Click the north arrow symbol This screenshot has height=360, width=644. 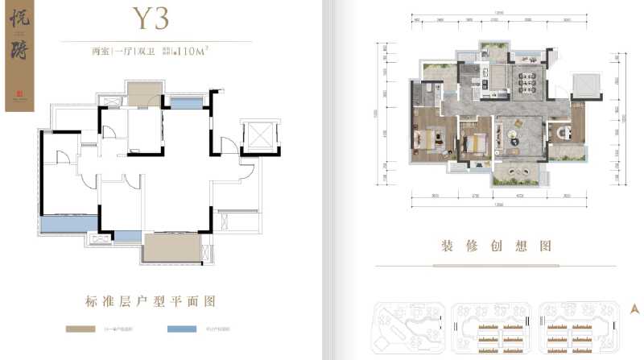pyautogui.click(x=634, y=308)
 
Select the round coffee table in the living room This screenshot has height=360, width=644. pyautogui.click(x=512, y=138)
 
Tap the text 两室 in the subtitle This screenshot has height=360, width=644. pyautogui.click(x=101, y=51)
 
